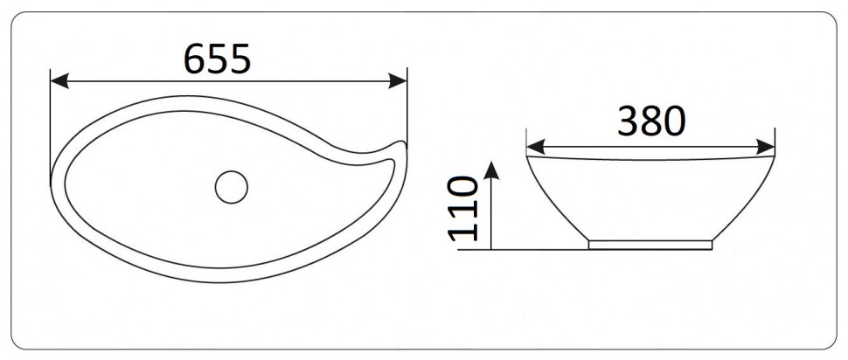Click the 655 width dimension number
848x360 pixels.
click(218, 59)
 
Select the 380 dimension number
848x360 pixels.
click(651, 122)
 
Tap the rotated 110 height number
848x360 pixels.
click(464, 207)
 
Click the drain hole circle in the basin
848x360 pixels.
click(232, 187)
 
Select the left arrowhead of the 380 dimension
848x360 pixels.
click(534, 145)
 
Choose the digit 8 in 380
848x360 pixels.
click(651, 122)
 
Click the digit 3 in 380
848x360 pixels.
click(628, 122)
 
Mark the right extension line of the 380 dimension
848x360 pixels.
click(775, 140)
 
